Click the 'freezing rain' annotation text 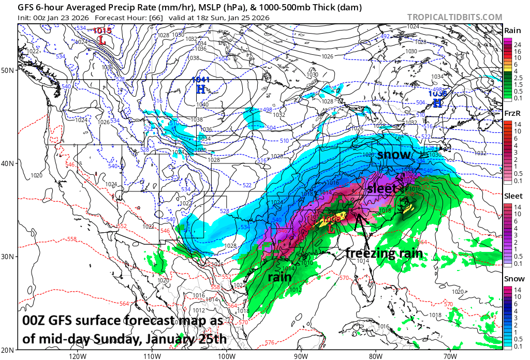[x=384, y=253]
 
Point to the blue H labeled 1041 [x=201, y=89]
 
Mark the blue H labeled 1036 [x=438, y=103]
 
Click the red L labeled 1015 [x=102, y=39]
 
